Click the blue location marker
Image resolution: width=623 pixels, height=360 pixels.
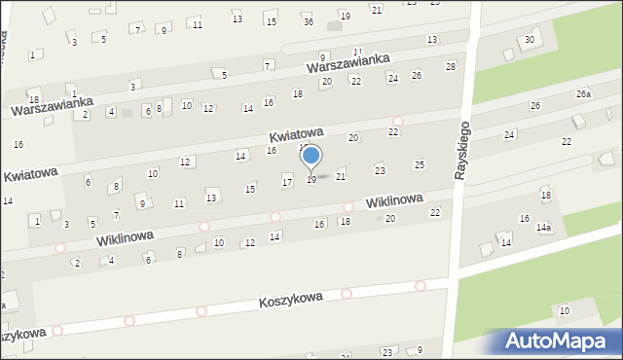(311, 156)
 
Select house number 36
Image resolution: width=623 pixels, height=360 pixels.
(308, 21)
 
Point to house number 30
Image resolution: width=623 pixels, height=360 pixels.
(530, 40)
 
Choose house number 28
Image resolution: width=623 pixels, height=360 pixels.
(450, 66)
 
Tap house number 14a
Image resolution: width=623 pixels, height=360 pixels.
(543, 227)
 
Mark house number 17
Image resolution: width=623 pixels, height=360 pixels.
(287, 182)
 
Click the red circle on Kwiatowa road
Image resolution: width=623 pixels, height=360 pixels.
(397, 121)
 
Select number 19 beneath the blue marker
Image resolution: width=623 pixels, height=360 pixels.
(311, 180)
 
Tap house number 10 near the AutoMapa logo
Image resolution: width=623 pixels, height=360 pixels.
(565, 310)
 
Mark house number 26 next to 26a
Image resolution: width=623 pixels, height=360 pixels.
(534, 105)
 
